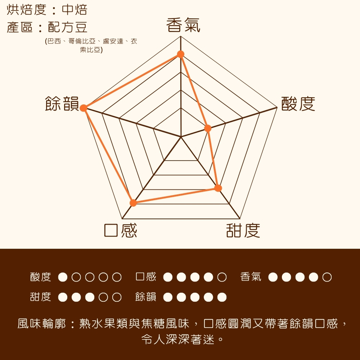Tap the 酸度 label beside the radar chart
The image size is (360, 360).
[298, 104]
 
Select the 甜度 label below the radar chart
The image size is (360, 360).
[243, 230]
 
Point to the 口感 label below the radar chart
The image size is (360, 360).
[121, 230]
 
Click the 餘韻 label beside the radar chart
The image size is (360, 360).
[62, 104]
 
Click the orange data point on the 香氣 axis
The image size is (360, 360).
[181, 54]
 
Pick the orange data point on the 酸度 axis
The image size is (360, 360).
[208, 128]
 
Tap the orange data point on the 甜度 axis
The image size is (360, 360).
[218, 188]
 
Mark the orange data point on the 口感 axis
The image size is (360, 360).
[133, 203]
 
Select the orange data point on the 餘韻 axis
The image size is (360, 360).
[84, 108]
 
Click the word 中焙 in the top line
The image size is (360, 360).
[75, 10]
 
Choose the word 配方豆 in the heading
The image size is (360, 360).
[68, 27]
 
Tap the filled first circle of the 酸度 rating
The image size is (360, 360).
[63, 277]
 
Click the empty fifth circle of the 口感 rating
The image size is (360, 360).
[222, 277]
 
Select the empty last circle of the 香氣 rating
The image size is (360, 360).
[327, 277]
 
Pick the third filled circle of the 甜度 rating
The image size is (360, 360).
[90, 297]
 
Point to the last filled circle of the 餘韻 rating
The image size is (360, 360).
[222, 297]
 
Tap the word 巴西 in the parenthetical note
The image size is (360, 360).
[54, 41]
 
